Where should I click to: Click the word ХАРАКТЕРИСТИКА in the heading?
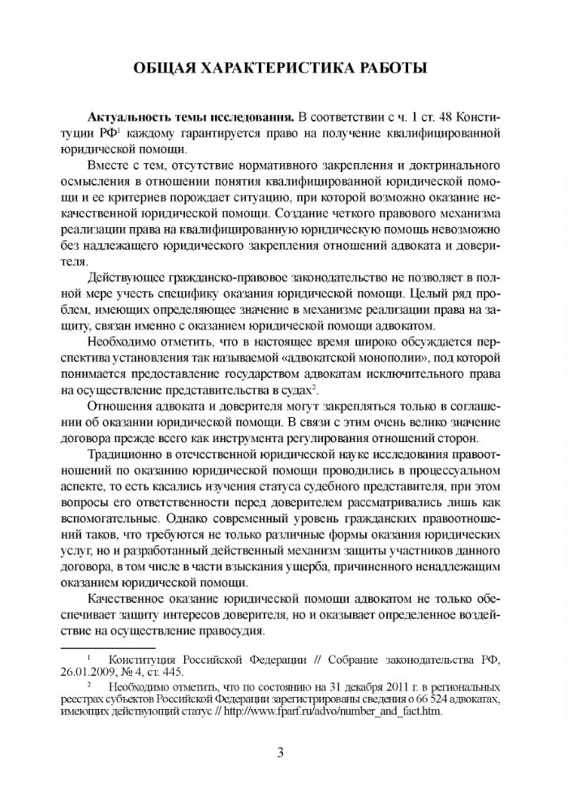point(284,68)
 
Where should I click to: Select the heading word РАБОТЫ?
point(395,68)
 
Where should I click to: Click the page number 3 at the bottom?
point(281,750)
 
